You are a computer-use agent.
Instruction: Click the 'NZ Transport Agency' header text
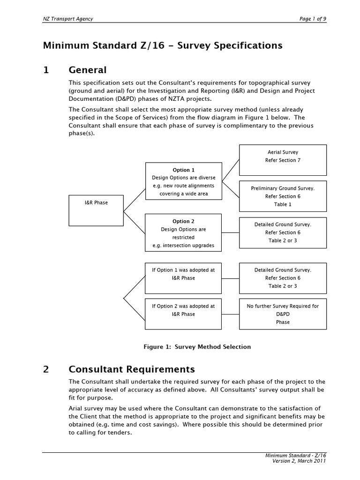pos(68,19)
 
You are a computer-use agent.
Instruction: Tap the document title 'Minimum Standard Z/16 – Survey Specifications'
pos(163,45)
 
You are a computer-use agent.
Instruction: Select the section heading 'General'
pos(88,70)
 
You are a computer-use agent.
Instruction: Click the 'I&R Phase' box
pos(96,210)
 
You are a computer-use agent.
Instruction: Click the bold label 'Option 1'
pos(183,170)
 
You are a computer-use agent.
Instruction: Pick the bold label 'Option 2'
pos(183,221)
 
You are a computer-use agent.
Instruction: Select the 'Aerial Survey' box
pos(283,159)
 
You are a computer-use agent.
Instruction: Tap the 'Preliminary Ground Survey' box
pos(283,196)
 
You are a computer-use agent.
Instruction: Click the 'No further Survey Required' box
pos(283,314)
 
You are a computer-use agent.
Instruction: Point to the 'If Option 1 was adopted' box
pos(183,277)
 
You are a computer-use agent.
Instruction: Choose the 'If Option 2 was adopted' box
pos(183,314)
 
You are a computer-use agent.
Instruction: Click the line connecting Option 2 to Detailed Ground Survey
pos(230,232)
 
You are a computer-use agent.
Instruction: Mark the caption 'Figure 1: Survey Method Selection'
pos(197,347)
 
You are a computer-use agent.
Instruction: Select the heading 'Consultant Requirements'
pos(132,369)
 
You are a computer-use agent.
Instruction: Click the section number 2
pos(46,369)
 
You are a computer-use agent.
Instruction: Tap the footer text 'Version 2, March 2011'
pos(299,460)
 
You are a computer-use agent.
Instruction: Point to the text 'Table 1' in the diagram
pos(283,204)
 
